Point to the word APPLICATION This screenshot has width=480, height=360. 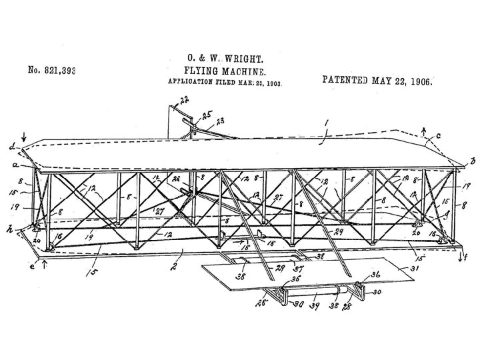point(192,85)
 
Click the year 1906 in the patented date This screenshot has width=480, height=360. point(417,81)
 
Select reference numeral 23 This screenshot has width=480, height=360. point(219,121)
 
